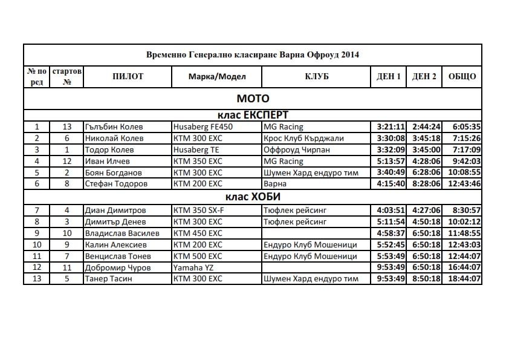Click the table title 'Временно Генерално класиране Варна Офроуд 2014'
coord(253,54)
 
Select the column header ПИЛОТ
coord(128,77)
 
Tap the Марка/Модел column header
coord(216,77)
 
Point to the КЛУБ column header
coord(317,77)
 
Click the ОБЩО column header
coord(462,77)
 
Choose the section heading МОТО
coord(253,99)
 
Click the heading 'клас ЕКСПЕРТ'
coord(253,115)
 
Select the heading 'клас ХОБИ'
coord(253,197)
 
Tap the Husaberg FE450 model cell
coord(203,127)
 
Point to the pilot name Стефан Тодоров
coord(114,183)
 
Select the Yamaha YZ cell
coord(193,267)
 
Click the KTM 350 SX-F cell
coord(202,210)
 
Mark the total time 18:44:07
coord(463,278)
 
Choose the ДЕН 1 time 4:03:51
coord(390,210)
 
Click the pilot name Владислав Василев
coord(122,233)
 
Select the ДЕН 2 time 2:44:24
coord(426,127)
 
